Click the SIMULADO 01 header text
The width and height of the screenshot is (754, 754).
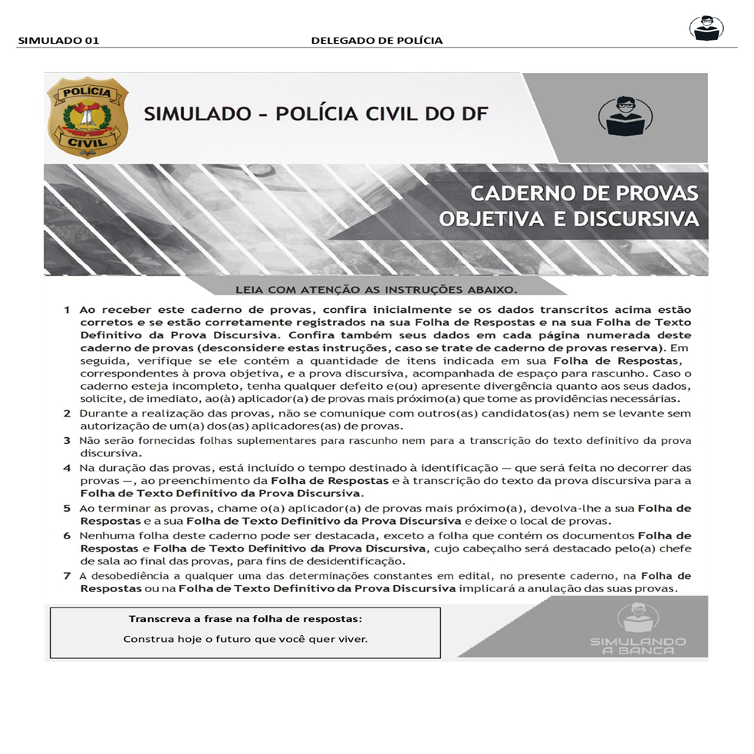[58, 41]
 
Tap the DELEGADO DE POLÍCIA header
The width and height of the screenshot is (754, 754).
[377, 41]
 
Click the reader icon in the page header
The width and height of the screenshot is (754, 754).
[706, 28]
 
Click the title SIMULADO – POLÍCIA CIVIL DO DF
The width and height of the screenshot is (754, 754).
[315, 115]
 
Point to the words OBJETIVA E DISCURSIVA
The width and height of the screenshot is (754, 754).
[568, 219]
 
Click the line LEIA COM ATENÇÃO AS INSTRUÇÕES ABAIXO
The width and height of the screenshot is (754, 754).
[376, 290]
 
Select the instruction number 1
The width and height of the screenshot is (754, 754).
[67, 311]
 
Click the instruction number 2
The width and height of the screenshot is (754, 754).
[67, 414]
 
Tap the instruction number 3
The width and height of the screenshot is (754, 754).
[67, 441]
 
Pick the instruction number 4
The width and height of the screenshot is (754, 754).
[67, 468]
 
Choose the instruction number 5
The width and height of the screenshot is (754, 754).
[67, 509]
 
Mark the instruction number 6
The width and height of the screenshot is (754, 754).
[67, 535]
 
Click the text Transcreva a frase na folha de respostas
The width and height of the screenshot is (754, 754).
[245, 618]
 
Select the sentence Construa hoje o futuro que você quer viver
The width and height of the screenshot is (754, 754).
[245, 639]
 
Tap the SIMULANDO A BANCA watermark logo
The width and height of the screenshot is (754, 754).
[638, 629]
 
